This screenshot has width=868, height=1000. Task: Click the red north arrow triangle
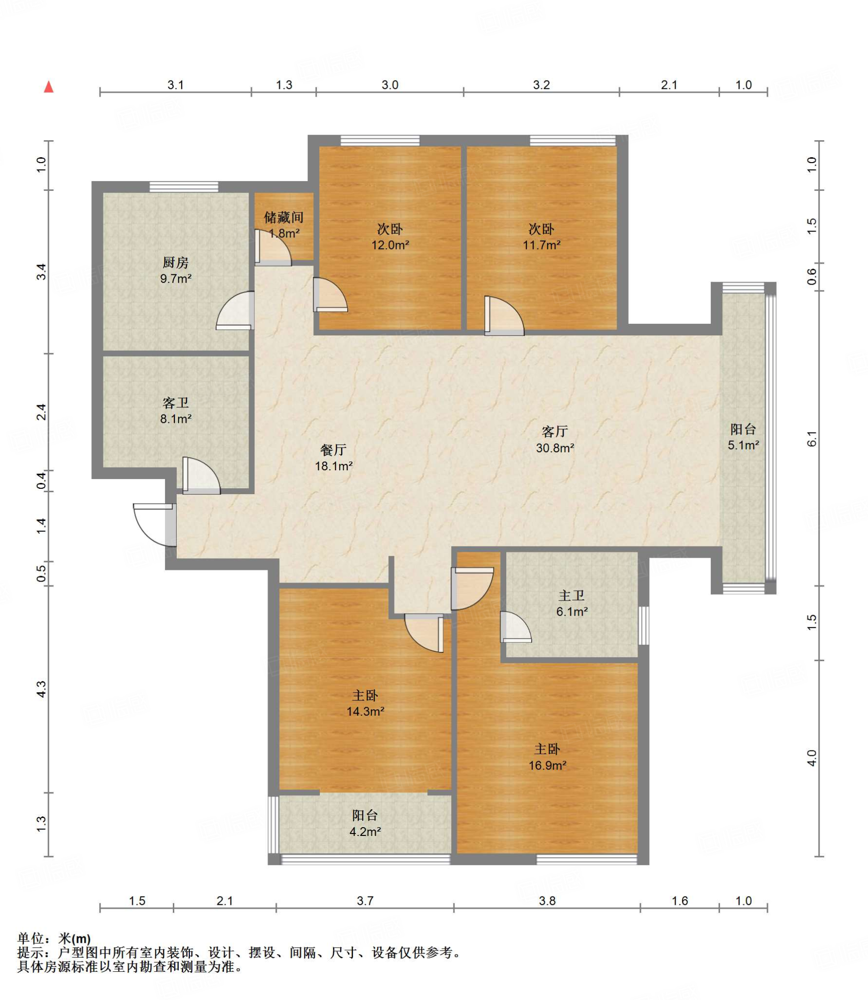(48, 87)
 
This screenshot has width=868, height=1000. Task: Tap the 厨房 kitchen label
(175, 263)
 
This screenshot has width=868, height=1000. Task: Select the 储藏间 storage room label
(284, 217)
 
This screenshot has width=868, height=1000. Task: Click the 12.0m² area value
(390, 245)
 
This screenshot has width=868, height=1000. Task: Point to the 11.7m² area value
(541, 245)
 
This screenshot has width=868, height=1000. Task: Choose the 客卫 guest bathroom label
(175, 403)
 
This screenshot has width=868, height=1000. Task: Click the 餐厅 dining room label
(333, 450)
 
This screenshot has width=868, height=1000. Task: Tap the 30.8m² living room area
(555, 448)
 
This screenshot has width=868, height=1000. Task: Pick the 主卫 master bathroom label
(572, 595)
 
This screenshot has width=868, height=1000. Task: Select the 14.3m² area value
(365, 711)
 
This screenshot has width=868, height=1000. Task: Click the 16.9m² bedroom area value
(547, 765)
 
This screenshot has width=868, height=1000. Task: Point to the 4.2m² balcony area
(365, 831)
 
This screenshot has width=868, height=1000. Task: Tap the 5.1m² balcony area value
(743, 445)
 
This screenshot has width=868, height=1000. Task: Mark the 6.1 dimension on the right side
(811, 438)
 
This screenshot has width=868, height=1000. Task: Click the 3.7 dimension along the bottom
(365, 901)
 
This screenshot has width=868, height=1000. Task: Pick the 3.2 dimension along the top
(541, 85)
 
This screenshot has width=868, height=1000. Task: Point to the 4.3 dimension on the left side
(42, 688)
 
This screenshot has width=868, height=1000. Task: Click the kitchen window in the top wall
(184, 187)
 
